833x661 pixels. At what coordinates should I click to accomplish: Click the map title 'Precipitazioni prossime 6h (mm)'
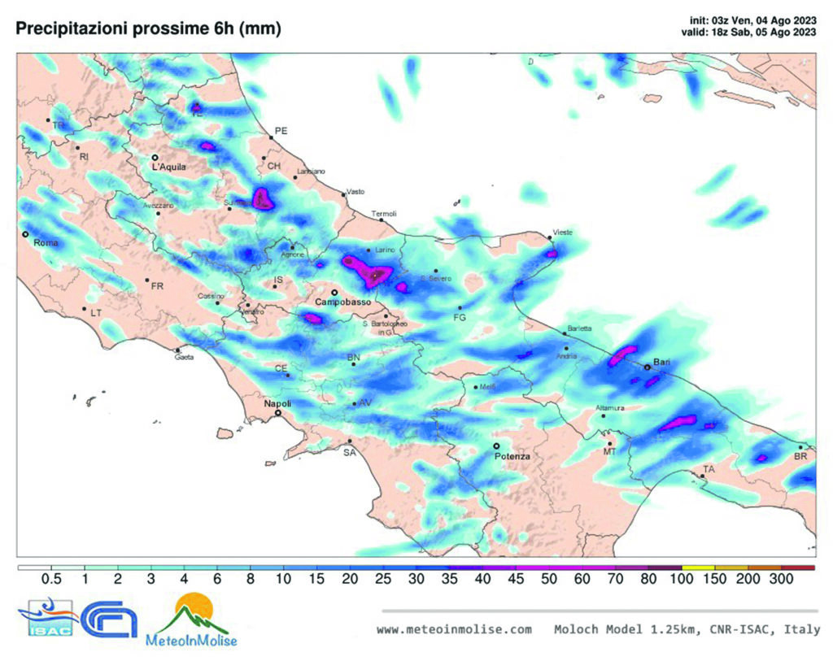coord(148,28)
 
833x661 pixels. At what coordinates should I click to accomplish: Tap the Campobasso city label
coord(342,302)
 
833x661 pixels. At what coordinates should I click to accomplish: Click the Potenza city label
coord(512,457)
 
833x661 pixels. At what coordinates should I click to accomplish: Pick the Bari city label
coord(661,360)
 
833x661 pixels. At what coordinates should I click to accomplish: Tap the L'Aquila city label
coord(168,167)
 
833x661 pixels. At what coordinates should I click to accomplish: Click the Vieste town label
coord(562,233)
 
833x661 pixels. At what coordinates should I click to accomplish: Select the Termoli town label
coord(384,214)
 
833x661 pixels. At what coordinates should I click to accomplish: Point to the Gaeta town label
coord(184,357)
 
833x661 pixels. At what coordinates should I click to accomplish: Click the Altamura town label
coord(609,407)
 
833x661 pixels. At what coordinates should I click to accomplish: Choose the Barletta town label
coord(579,328)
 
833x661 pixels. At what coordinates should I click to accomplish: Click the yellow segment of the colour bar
coord(698,567)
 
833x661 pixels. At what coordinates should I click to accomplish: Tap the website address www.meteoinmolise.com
coord(454,629)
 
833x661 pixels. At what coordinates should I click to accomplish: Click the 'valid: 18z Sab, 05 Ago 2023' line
coord(748,33)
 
